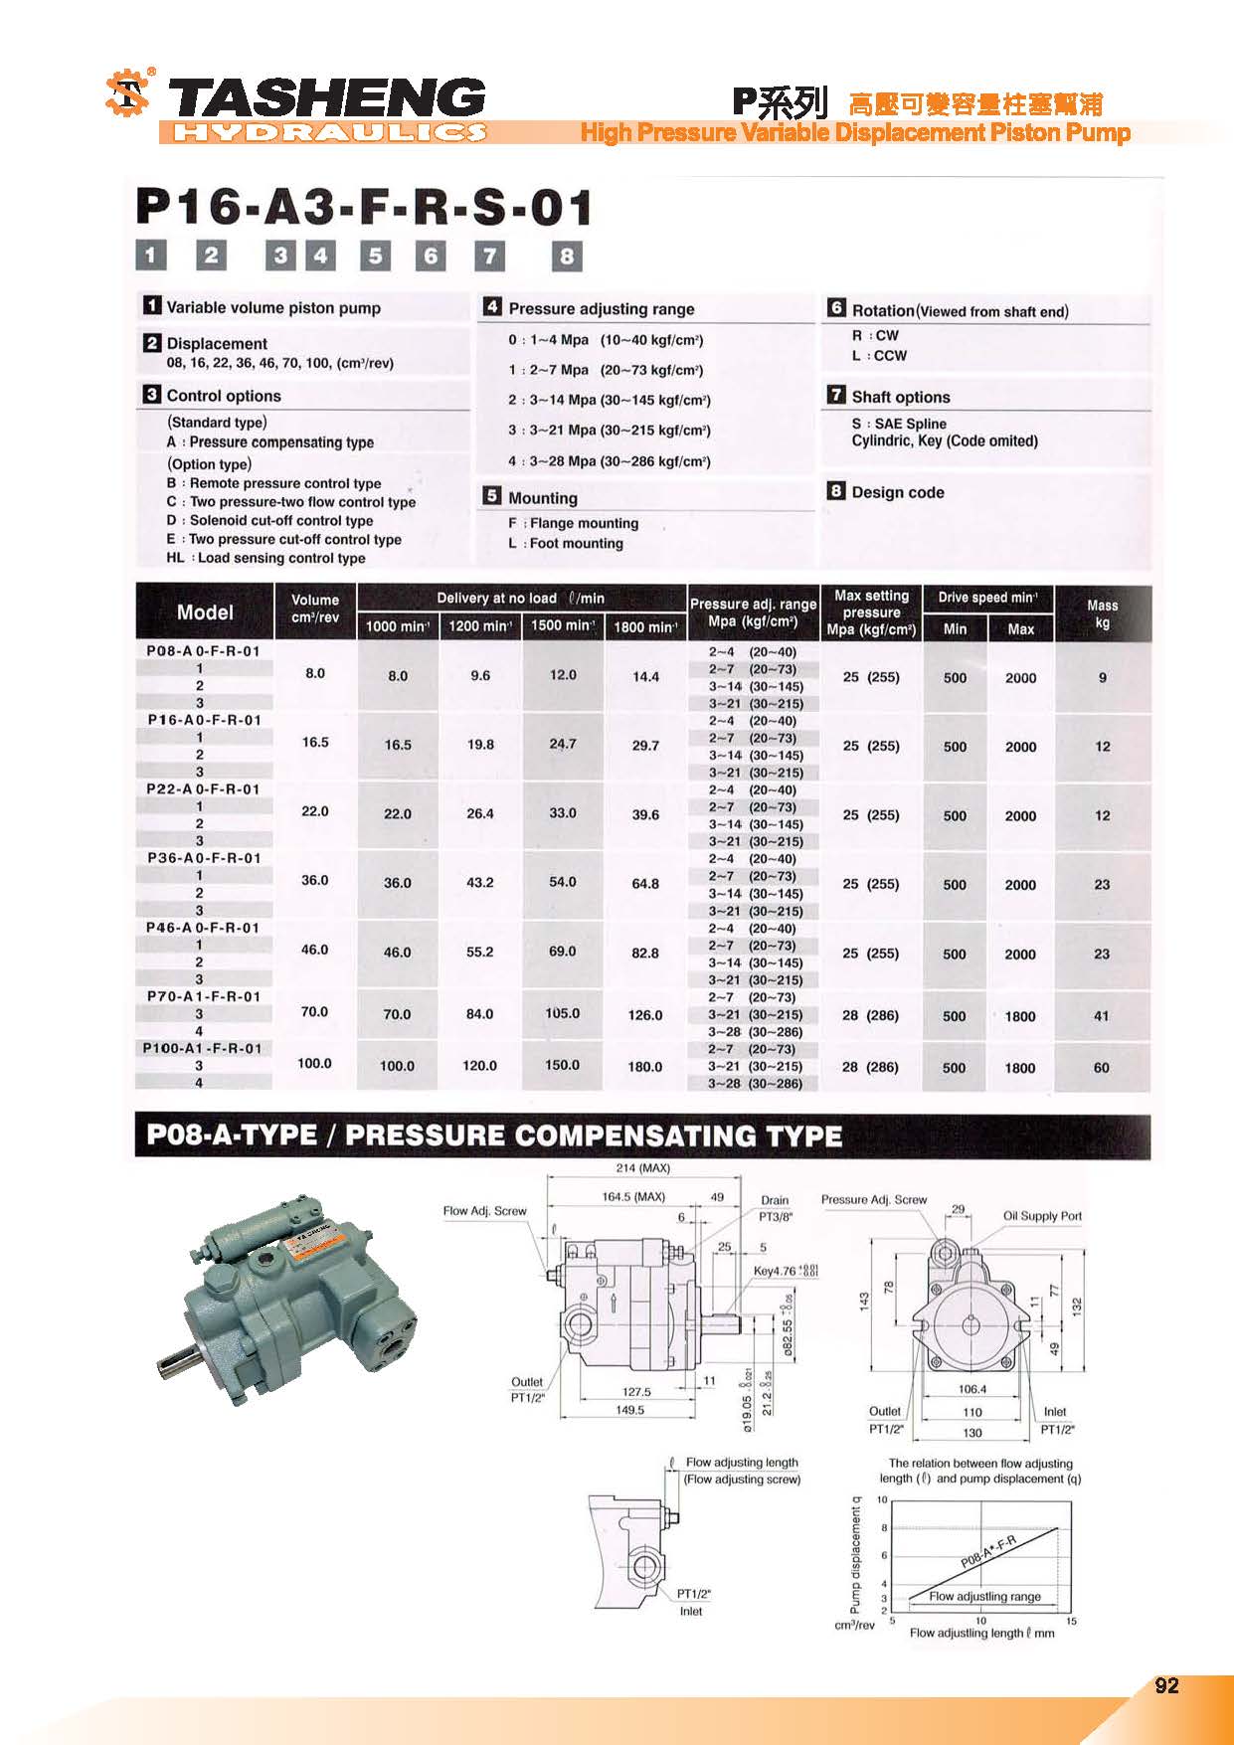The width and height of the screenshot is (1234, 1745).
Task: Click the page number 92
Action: [1166, 1685]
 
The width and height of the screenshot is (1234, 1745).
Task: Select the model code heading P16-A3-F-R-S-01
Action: [364, 208]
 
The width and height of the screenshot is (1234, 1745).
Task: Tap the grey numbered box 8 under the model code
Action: [566, 257]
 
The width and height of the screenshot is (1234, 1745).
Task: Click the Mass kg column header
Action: [1102, 613]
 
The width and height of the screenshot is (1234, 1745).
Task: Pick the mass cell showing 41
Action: [1102, 1016]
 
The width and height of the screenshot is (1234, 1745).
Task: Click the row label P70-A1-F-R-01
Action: [204, 996]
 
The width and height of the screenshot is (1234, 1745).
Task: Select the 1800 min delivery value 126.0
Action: [645, 1015]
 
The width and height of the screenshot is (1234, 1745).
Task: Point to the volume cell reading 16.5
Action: [315, 742]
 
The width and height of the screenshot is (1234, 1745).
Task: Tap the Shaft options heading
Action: [900, 397]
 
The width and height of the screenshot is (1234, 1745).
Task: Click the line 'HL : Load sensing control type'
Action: [265, 558]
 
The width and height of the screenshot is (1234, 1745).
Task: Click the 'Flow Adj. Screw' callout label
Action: [484, 1211]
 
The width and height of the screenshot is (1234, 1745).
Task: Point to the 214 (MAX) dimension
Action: [643, 1168]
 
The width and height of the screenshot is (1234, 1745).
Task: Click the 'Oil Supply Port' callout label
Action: [1042, 1216]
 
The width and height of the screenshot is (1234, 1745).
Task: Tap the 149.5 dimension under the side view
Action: [629, 1410]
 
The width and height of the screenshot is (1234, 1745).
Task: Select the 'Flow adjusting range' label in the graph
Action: [984, 1597]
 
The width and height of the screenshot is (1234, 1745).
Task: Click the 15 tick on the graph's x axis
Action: [1071, 1622]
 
